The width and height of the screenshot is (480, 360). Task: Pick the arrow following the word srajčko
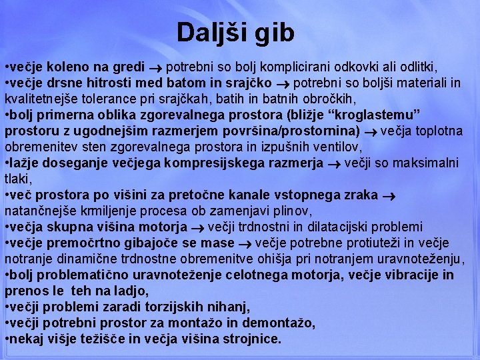coord(282,84)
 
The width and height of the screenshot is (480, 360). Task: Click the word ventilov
coord(337,147)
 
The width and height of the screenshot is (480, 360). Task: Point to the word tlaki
coord(19,179)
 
